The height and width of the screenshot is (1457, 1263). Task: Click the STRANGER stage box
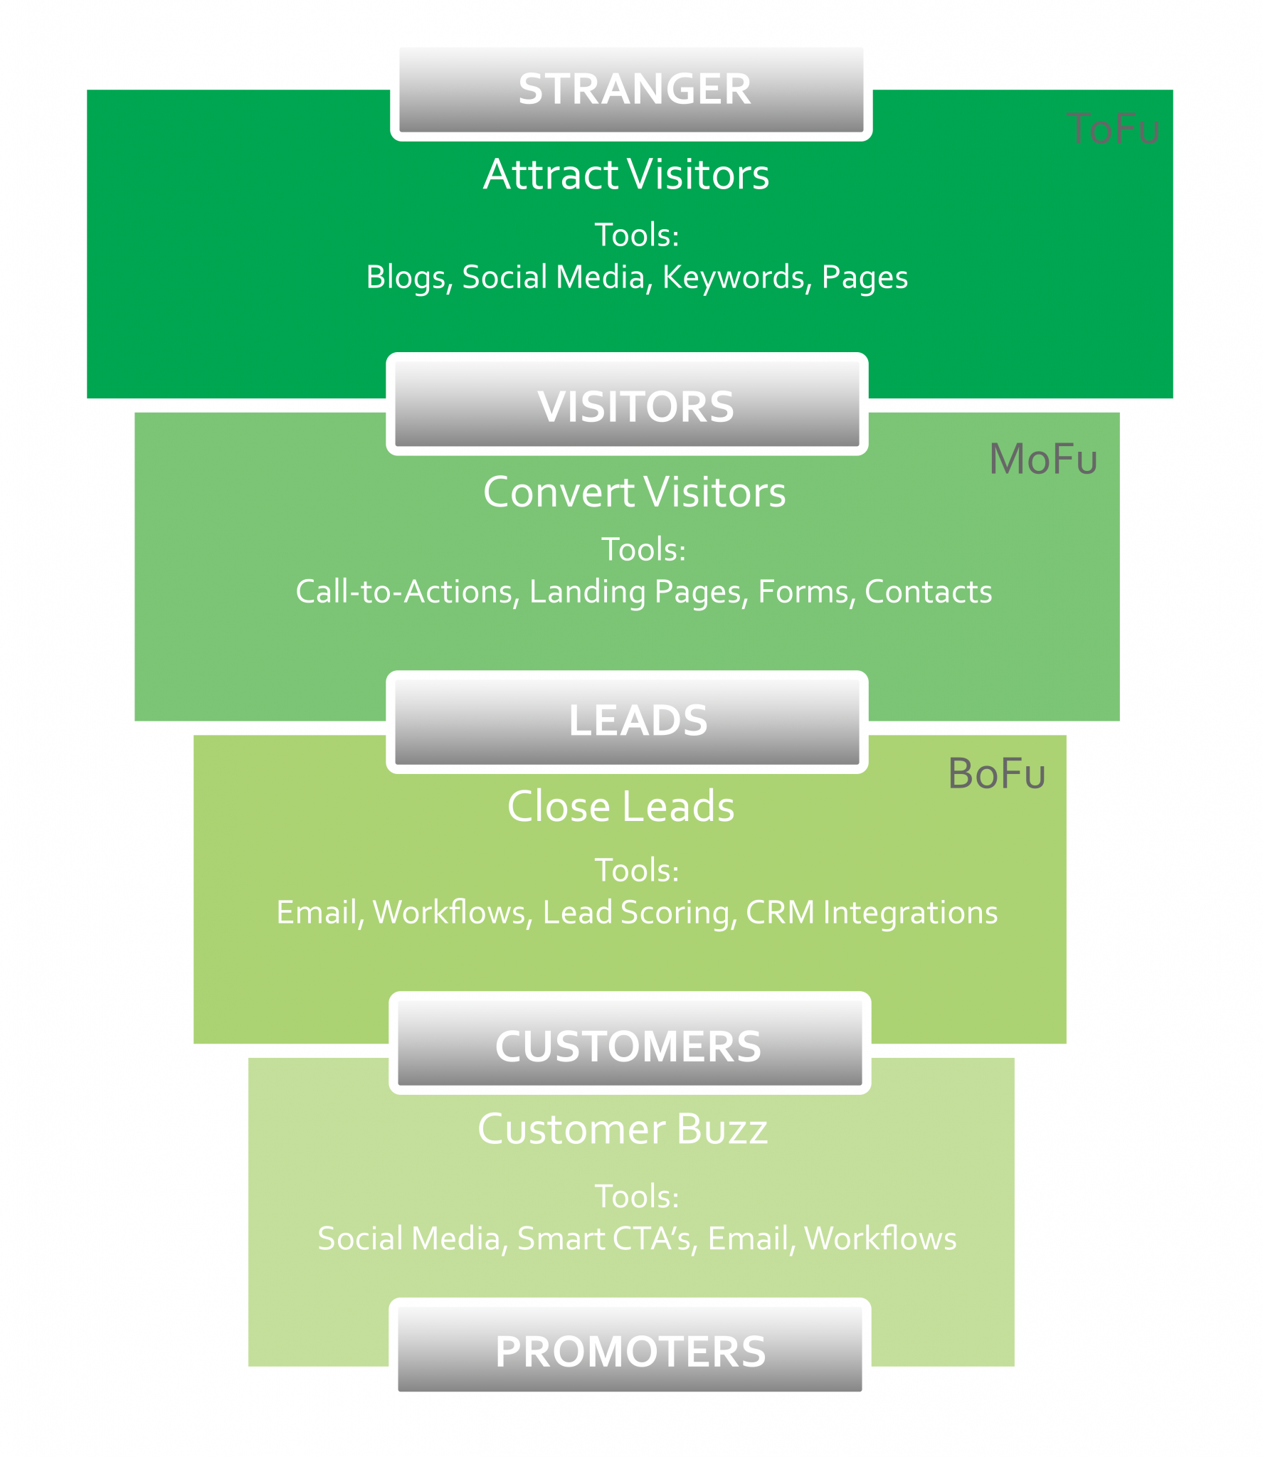pyautogui.click(x=631, y=90)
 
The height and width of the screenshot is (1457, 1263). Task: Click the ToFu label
pyautogui.click(x=1113, y=129)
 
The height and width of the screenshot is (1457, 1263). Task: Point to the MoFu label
pyautogui.click(x=1043, y=459)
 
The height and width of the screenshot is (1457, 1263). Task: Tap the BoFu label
pyautogui.click(x=996, y=773)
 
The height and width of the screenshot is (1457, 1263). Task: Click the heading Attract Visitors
pyautogui.click(x=626, y=174)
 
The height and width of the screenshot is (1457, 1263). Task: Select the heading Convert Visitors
pyautogui.click(x=634, y=492)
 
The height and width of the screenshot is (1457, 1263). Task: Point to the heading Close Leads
pyautogui.click(x=620, y=806)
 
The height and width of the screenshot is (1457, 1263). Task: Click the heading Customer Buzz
pyautogui.click(x=623, y=1129)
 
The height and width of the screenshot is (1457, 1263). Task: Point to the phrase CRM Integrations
pyautogui.click(x=872, y=913)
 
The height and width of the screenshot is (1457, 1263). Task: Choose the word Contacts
pyautogui.click(x=928, y=592)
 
